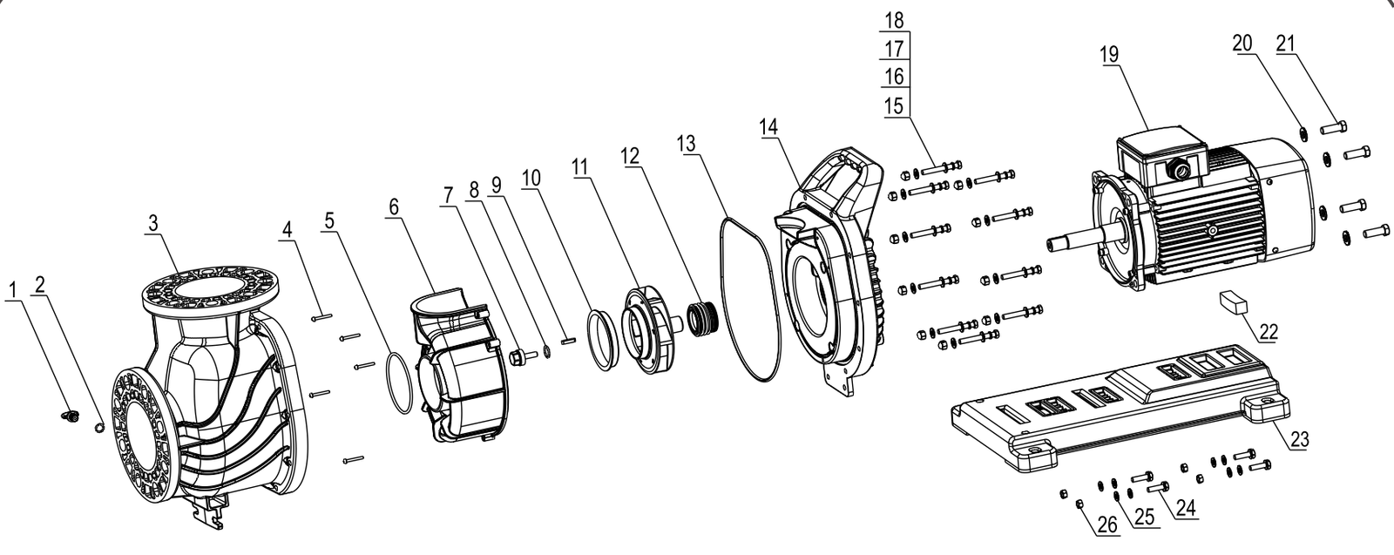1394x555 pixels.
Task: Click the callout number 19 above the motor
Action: tap(1110, 55)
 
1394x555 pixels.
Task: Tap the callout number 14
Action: tap(768, 127)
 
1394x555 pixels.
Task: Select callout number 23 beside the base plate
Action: tap(1300, 439)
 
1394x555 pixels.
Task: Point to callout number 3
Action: tap(153, 223)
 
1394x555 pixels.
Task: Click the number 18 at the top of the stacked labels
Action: tap(894, 20)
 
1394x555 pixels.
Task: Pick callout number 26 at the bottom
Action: tap(1107, 525)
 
